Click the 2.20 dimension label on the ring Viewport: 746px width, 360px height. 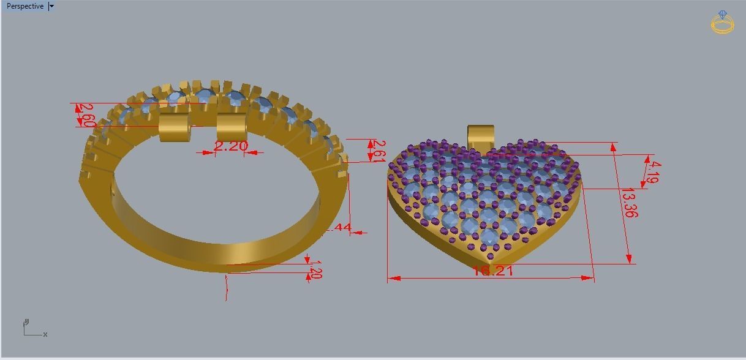tap(231, 146)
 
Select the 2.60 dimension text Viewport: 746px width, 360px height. tap(86, 115)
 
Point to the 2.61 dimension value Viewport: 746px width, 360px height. tap(378, 151)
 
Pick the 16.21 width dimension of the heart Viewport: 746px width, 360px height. tap(492, 270)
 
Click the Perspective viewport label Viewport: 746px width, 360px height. tap(25, 6)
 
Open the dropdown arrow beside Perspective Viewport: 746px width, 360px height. tap(51, 6)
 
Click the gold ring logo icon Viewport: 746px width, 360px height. tap(723, 22)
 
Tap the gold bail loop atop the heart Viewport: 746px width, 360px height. tap(480, 135)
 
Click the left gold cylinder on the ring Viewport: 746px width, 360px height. tap(173, 127)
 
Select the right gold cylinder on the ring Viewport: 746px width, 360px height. tap(232, 126)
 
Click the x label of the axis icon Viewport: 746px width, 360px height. tap(45, 334)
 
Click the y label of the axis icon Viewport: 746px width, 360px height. tap(26, 321)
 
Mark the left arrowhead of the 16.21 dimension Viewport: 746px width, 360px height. tap(394, 279)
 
